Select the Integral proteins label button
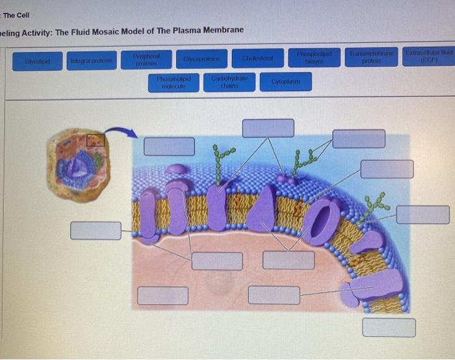coord(92,61)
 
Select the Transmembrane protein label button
coord(369,56)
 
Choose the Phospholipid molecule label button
coord(174,83)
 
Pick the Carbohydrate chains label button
coord(228,82)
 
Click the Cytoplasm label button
coord(286,82)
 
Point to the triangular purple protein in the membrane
coord(263,209)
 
